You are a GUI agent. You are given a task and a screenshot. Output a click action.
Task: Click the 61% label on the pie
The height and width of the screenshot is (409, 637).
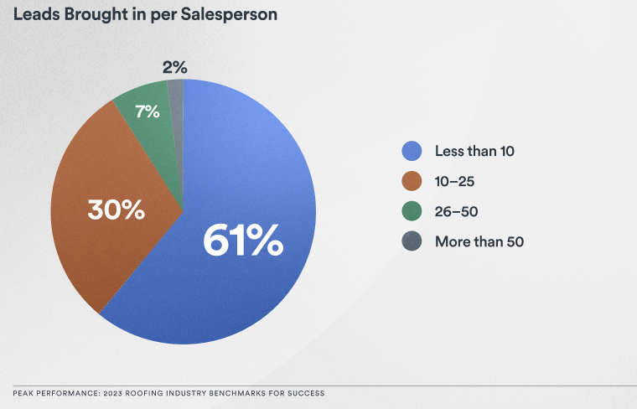(242, 241)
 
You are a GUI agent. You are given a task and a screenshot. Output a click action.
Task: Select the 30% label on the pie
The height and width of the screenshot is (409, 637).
(116, 209)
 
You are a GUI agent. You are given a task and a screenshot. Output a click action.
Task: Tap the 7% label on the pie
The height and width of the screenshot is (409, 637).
(147, 111)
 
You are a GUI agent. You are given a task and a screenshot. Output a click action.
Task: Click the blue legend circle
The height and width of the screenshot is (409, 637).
(412, 152)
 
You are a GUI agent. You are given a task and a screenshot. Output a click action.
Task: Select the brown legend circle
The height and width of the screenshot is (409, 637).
(412, 182)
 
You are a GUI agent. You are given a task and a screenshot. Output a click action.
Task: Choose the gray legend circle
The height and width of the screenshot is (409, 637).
(412, 242)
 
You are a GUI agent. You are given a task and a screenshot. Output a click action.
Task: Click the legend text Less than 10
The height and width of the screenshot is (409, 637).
(474, 152)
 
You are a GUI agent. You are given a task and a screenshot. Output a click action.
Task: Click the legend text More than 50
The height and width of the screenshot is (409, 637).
(479, 242)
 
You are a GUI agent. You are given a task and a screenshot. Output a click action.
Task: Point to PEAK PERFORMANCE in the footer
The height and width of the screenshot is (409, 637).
(55, 393)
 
